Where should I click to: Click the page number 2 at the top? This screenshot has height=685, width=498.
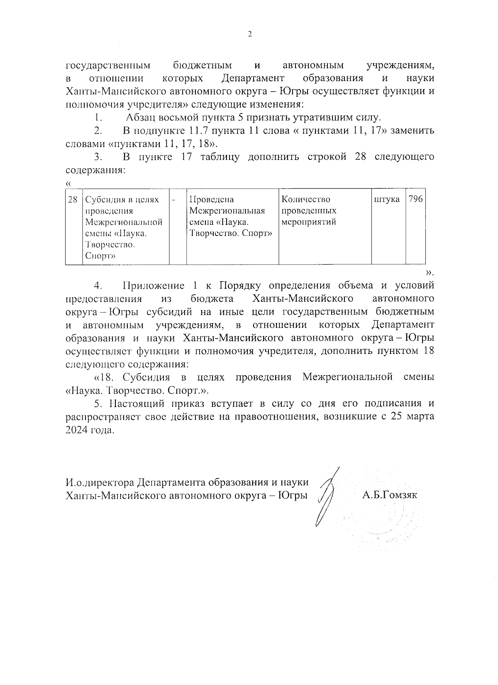click(x=249, y=34)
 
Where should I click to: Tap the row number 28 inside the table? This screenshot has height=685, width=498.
click(x=73, y=200)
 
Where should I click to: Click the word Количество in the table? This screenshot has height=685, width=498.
click(x=305, y=200)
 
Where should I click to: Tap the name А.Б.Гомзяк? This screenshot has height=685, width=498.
click(x=389, y=495)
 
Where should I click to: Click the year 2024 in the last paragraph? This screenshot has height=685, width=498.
click(x=77, y=430)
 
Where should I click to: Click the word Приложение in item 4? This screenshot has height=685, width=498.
click(x=154, y=286)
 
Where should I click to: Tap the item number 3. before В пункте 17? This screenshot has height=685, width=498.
click(x=98, y=157)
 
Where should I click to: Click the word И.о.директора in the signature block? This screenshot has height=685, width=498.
click(x=100, y=482)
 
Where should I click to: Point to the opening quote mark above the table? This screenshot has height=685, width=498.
click(x=68, y=183)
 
